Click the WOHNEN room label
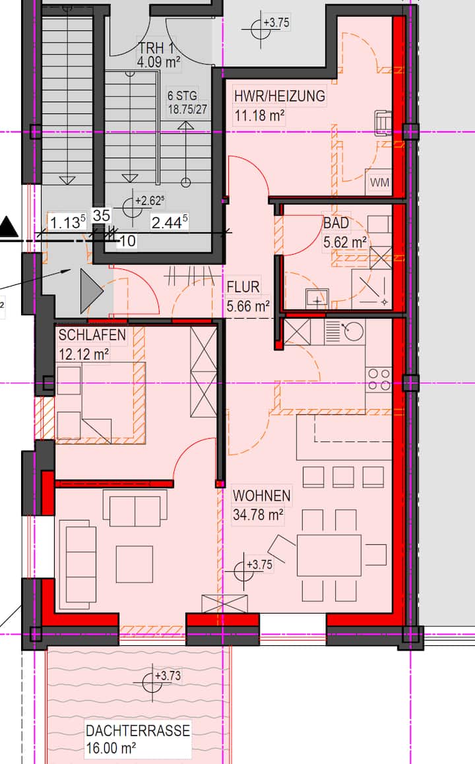[x=262, y=495]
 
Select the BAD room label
[x=336, y=223]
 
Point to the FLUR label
[x=243, y=287]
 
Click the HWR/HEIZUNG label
[x=280, y=96]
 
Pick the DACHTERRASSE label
[x=138, y=730]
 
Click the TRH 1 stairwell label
[x=156, y=48]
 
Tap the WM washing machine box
[x=379, y=182]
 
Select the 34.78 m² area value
[x=258, y=515]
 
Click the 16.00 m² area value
[x=111, y=748]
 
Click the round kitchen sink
[x=353, y=331]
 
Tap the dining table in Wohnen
[x=329, y=555]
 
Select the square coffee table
[x=135, y=563]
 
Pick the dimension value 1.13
[x=68, y=223]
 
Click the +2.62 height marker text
[x=150, y=201]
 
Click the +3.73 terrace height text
[x=168, y=676]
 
